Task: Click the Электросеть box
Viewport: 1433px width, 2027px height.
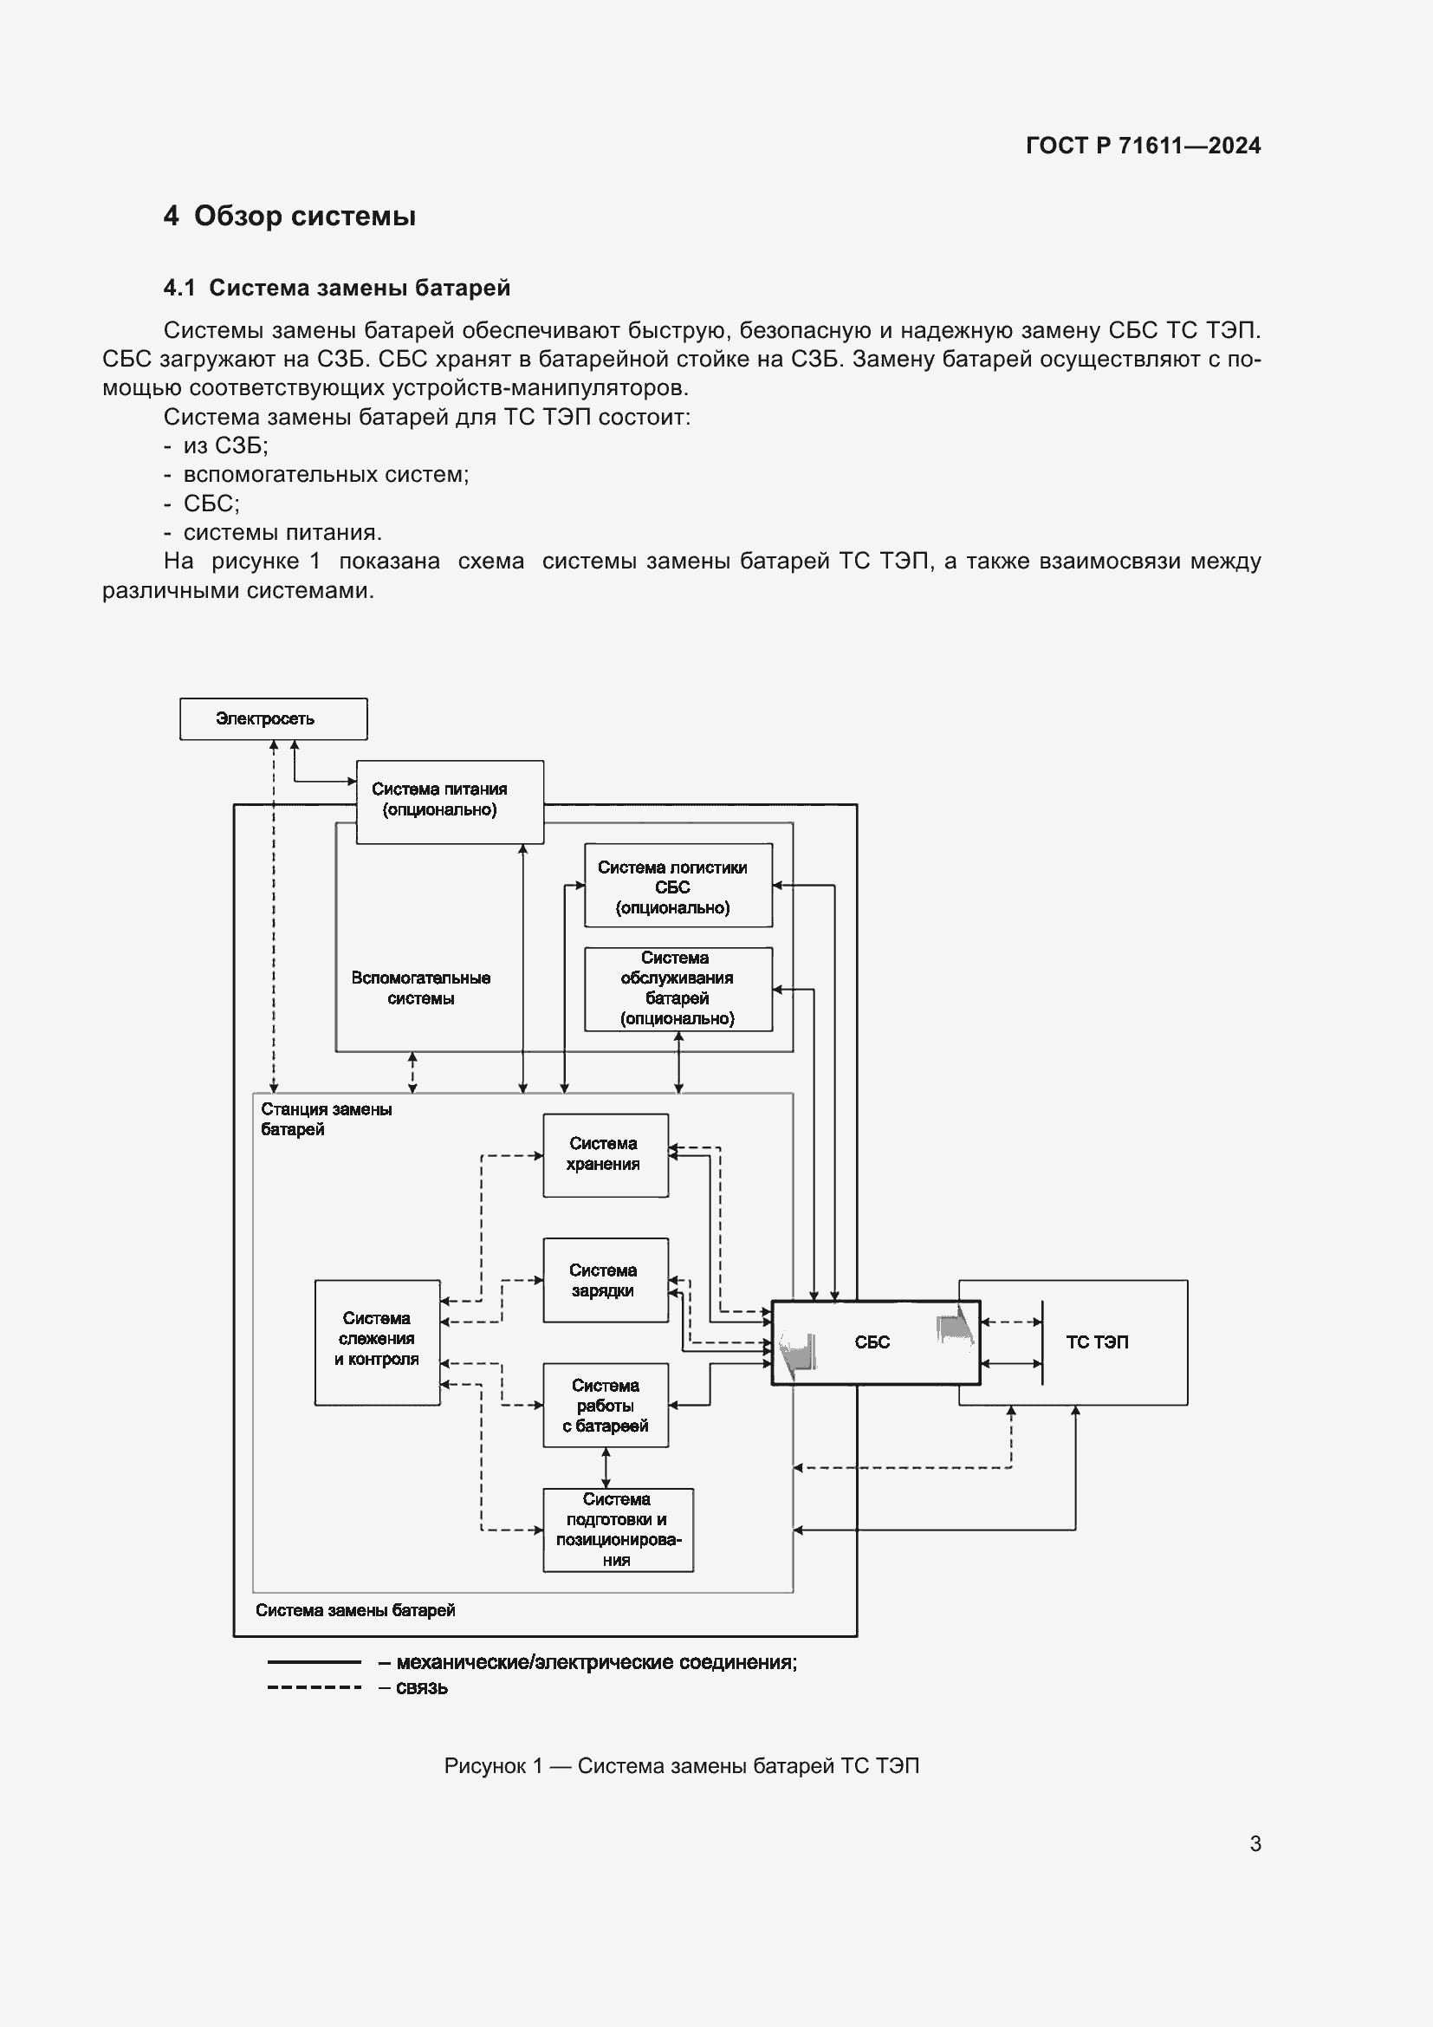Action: tap(273, 718)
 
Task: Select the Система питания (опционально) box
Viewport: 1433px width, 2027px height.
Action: tap(449, 801)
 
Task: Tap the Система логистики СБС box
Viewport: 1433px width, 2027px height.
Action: tap(678, 886)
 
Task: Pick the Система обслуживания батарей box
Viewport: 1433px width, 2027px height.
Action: tap(678, 989)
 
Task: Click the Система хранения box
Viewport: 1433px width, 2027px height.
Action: tap(606, 1154)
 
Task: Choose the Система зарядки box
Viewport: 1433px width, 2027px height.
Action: tap(606, 1279)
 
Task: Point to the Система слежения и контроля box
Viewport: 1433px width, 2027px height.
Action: tap(377, 1342)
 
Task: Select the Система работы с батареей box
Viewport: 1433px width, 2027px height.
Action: tap(606, 1405)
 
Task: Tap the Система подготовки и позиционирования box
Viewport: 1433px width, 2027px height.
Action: tap(618, 1529)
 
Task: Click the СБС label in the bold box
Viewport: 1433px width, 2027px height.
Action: tap(872, 1342)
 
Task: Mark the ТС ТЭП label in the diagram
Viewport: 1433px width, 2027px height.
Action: tap(1097, 1342)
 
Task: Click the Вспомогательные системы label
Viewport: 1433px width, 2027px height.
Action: tap(420, 988)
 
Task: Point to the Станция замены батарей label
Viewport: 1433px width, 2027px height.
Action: tap(326, 1119)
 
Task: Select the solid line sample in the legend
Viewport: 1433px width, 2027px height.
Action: tap(314, 1662)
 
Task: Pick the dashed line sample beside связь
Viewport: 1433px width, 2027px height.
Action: tap(314, 1687)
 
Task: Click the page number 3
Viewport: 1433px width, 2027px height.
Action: tap(1255, 1843)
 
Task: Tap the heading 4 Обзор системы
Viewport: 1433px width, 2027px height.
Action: tap(289, 216)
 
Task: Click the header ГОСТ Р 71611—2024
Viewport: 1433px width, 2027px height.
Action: tap(1143, 146)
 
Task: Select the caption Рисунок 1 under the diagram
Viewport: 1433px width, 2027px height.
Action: tap(681, 1765)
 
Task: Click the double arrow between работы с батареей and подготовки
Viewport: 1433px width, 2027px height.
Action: tap(606, 1467)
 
